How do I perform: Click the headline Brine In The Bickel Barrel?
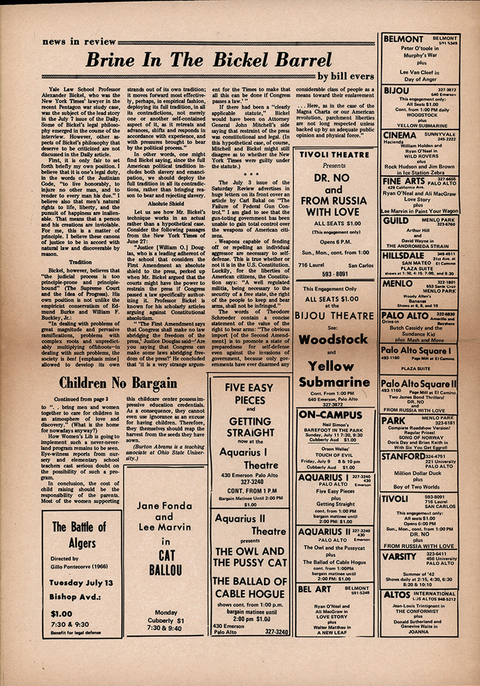pyautogui.click(x=209, y=60)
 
